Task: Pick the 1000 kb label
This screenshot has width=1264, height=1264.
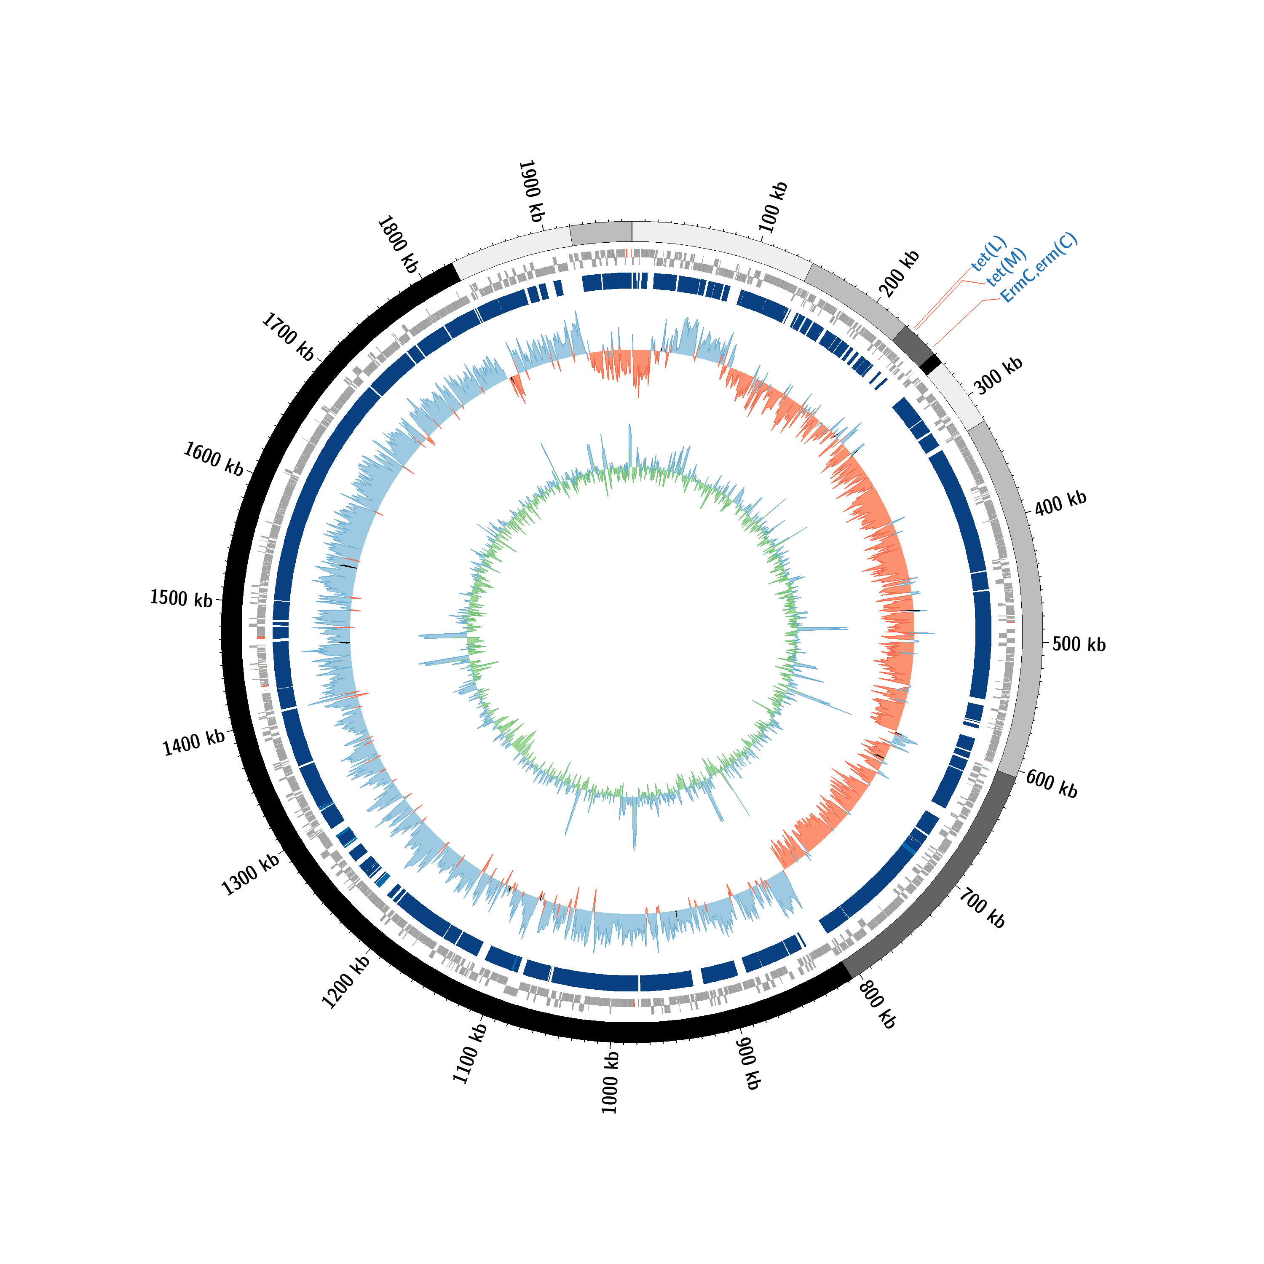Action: coord(610,1083)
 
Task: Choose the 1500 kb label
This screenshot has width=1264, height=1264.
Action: coord(181,598)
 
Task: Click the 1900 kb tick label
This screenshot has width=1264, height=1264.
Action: coord(531,191)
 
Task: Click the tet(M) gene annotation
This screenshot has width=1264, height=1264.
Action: coord(1006,267)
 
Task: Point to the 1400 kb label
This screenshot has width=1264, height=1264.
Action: coord(194,743)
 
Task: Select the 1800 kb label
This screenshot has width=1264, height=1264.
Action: coord(398,244)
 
